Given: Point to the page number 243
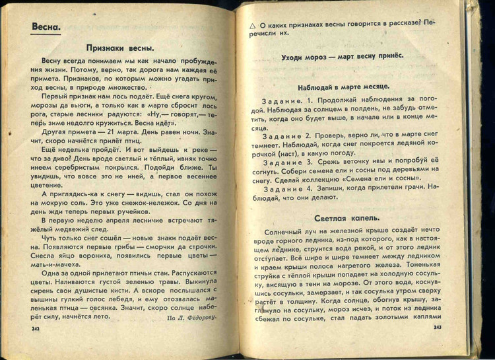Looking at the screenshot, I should pos(438,327).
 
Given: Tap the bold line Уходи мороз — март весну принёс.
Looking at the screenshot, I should pos(346,57).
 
